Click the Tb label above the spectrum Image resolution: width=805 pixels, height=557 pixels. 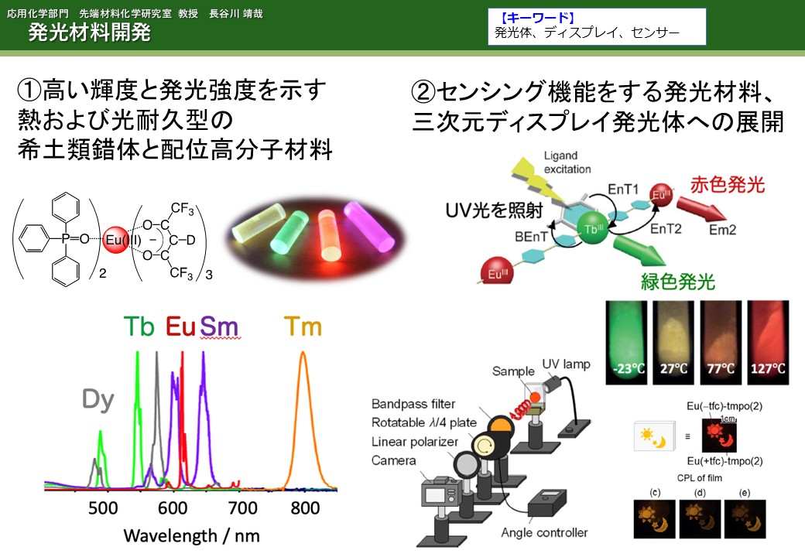tap(139, 326)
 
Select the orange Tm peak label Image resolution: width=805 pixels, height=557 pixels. tap(303, 326)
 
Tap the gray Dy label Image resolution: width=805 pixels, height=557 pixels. tap(98, 400)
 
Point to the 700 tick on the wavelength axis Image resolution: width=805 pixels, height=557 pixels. tap(242, 507)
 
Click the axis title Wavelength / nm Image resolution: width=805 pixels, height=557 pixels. tap(191, 536)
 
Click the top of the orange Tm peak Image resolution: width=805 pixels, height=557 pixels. tap(303, 352)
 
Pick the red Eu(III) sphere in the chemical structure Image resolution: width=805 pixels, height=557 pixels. tap(115, 240)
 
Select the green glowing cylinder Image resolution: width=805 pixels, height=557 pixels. tap(289, 233)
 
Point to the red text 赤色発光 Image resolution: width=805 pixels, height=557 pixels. tap(728, 185)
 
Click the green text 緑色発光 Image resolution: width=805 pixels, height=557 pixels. tap(678, 282)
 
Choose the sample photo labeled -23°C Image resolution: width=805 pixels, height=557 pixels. tap(626, 343)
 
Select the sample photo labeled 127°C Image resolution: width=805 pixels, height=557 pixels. tap(768, 343)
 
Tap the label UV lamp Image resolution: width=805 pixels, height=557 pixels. tap(567, 364)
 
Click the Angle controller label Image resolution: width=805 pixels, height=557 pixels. tap(544, 533)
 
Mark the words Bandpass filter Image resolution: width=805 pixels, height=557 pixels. tap(413, 404)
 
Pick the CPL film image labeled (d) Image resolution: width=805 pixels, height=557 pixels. tap(700, 518)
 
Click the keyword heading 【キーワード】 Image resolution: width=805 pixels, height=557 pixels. tap(537, 18)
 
